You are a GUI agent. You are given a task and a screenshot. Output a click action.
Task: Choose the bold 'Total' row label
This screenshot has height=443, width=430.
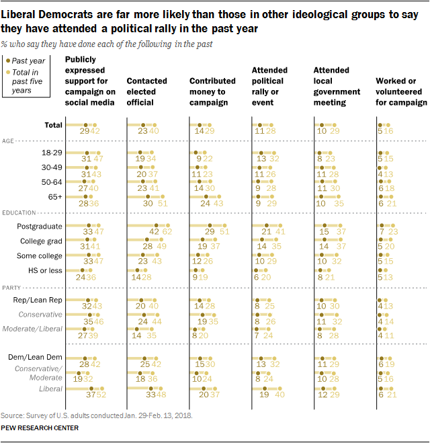click(x=53, y=125)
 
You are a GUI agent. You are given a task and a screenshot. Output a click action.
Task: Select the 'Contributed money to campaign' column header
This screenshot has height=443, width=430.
click(x=212, y=91)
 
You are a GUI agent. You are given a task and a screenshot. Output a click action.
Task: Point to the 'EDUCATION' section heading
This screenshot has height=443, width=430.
click(x=19, y=213)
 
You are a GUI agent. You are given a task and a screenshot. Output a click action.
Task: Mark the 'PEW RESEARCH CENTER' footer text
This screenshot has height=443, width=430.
click(x=40, y=428)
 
